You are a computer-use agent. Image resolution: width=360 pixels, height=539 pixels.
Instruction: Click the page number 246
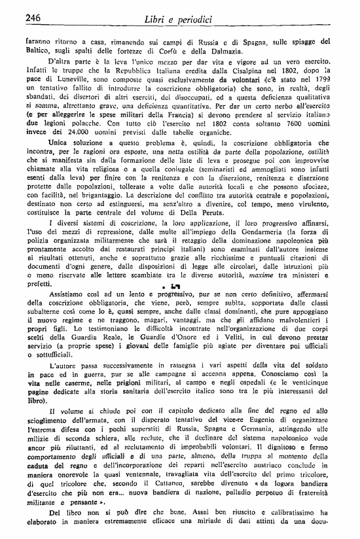coord(33,18)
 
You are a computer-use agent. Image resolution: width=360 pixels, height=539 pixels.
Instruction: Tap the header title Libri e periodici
coord(179,20)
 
